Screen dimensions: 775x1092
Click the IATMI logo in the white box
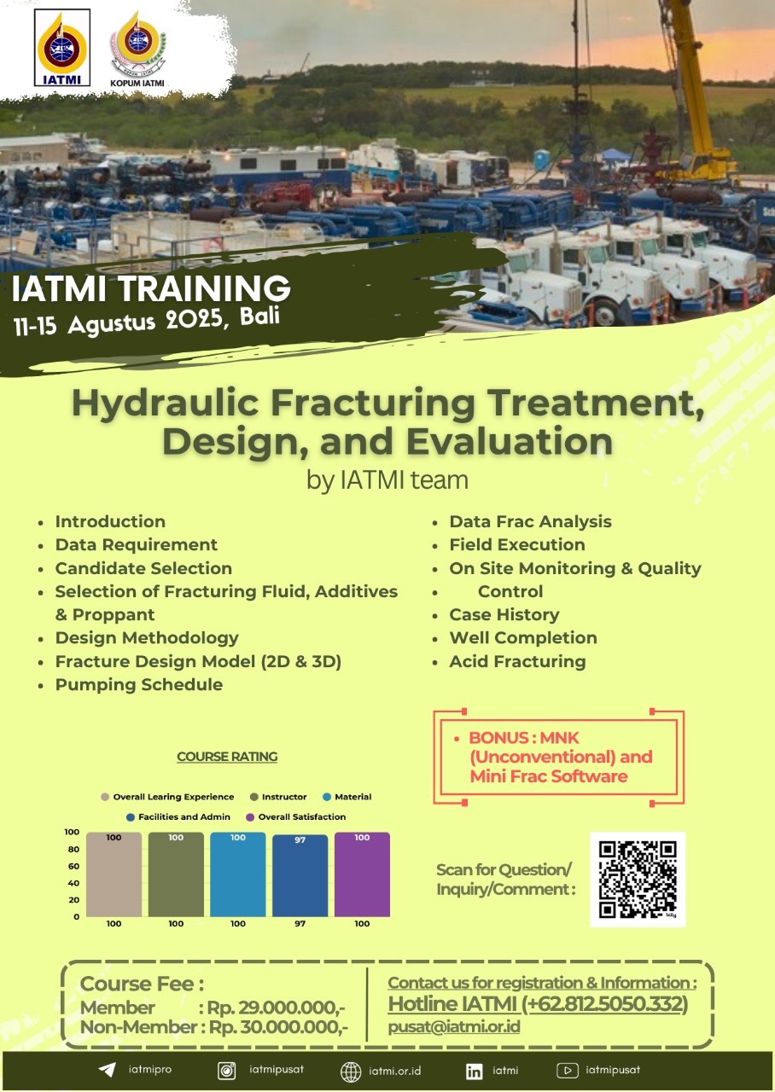click(x=62, y=47)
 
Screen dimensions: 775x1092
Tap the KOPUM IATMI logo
click(x=137, y=49)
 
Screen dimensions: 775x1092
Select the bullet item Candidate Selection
click(x=143, y=568)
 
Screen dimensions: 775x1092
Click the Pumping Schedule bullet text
click(x=139, y=684)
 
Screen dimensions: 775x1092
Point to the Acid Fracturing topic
click(x=517, y=661)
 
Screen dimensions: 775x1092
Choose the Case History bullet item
click(x=504, y=614)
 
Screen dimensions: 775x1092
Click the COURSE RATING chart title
click(x=227, y=756)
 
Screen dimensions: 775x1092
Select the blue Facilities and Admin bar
click(x=300, y=875)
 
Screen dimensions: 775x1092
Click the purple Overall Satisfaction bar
click(x=362, y=874)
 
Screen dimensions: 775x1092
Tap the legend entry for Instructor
click(x=278, y=797)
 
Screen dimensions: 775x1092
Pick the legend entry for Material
click(x=347, y=797)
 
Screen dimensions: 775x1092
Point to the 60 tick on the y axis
click(x=73, y=866)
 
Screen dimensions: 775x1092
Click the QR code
click(x=638, y=880)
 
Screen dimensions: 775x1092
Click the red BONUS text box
click(x=559, y=757)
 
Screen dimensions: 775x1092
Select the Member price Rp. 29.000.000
click(x=276, y=1008)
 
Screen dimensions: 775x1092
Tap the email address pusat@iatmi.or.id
click(x=454, y=1026)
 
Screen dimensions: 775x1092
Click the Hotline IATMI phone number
click(x=605, y=1004)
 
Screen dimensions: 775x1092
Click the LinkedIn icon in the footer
click(x=474, y=1071)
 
